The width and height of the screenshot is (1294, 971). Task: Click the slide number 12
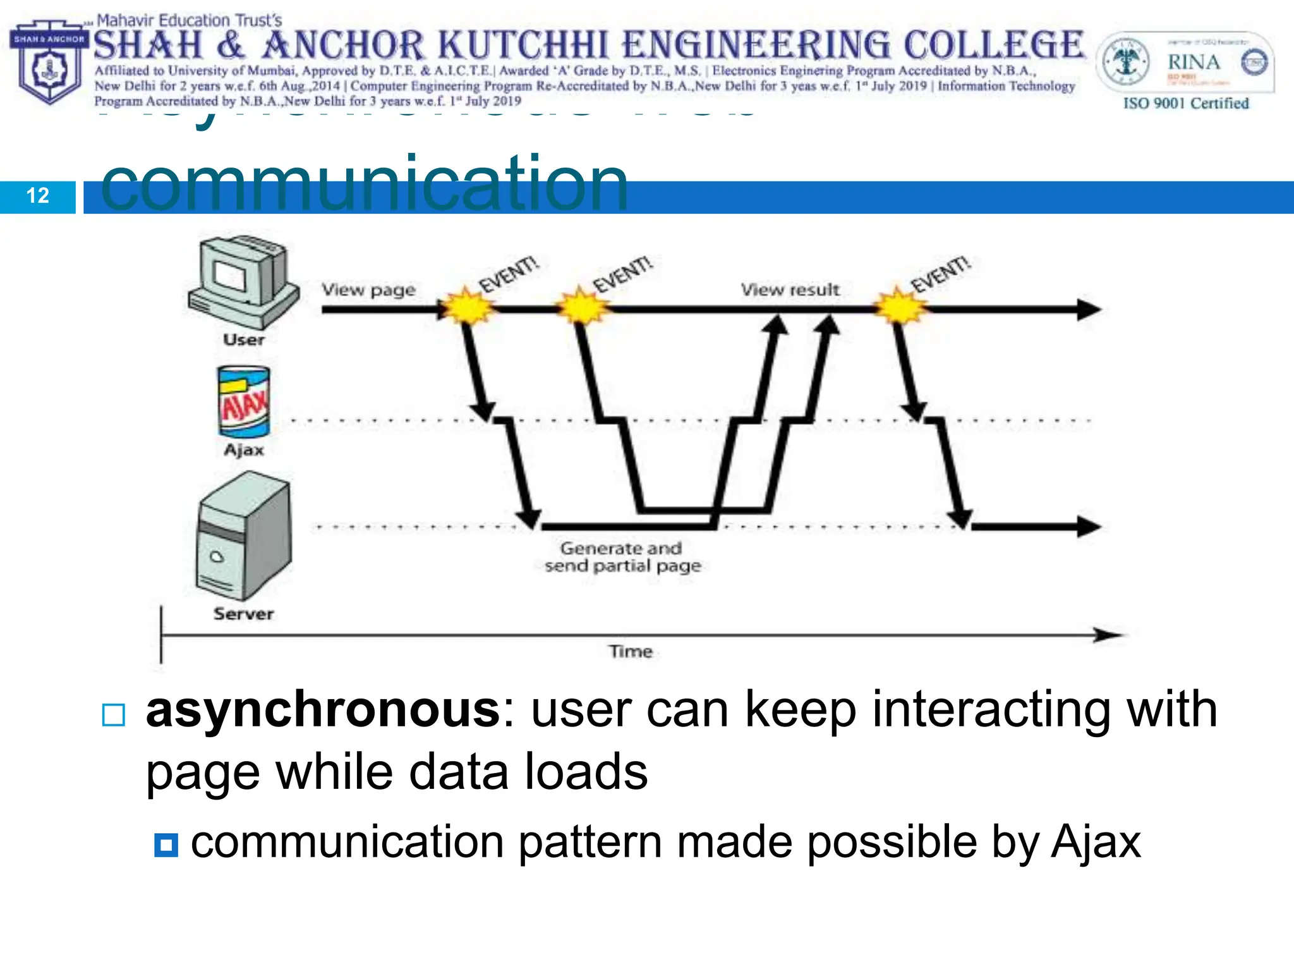(x=38, y=196)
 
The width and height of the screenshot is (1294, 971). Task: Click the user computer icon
(x=243, y=281)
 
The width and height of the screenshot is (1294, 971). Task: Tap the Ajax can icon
(x=244, y=402)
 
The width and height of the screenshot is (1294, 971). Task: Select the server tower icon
(x=244, y=536)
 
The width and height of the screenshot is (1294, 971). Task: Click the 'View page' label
(x=368, y=290)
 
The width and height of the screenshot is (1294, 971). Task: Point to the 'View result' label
(x=790, y=290)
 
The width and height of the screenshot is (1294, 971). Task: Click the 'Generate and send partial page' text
(x=622, y=557)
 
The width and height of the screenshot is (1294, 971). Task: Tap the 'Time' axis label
(x=630, y=651)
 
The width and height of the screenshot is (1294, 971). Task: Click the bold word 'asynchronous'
(x=323, y=710)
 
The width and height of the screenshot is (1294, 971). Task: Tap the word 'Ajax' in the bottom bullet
(x=1096, y=842)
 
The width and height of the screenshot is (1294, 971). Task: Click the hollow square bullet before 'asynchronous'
(x=114, y=715)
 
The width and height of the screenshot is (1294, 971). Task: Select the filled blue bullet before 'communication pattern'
(x=166, y=845)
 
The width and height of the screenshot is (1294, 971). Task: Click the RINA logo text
(x=1193, y=63)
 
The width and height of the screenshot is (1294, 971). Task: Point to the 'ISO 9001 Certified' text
(x=1185, y=104)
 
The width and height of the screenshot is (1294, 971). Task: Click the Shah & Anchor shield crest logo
(x=49, y=63)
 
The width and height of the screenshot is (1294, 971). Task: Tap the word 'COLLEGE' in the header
(x=993, y=46)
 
